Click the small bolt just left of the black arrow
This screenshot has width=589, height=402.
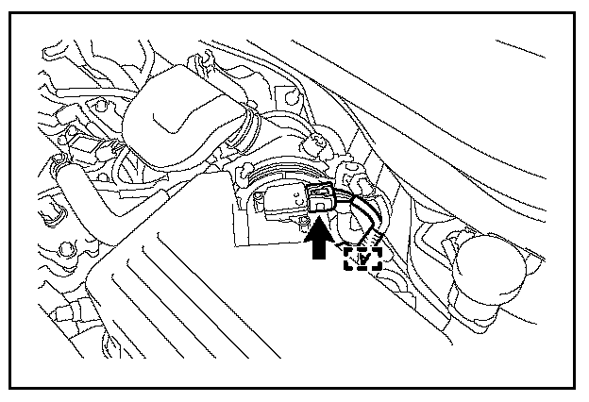[302, 221]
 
